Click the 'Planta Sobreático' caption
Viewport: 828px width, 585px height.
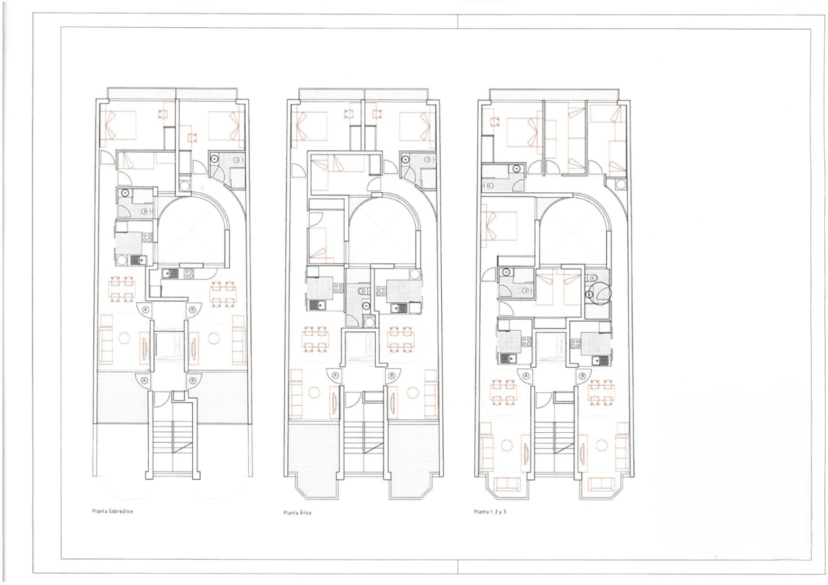(x=113, y=511)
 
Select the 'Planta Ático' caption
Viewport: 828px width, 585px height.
(x=297, y=513)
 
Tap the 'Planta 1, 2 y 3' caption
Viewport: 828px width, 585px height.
(x=490, y=512)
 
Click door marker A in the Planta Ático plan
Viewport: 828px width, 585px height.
(x=336, y=376)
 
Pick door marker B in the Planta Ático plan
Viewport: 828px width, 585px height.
(x=391, y=376)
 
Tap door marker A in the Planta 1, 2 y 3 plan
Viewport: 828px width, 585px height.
(x=526, y=377)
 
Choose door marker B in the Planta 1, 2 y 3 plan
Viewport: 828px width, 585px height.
(x=583, y=377)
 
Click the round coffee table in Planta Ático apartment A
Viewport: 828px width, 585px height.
(x=314, y=392)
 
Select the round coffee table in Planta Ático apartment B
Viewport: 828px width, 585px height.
(x=413, y=392)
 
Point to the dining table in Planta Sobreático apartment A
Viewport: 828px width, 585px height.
(x=122, y=289)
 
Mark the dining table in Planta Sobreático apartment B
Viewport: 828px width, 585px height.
(x=223, y=294)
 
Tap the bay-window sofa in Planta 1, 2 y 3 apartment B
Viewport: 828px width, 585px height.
(x=602, y=483)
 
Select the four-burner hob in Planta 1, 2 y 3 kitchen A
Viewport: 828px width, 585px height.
(x=527, y=342)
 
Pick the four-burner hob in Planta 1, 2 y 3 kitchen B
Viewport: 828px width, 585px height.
(x=575, y=344)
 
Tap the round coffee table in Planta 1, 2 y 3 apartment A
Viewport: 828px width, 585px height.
(x=507, y=446)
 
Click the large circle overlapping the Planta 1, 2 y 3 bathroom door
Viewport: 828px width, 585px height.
(x=600, y=293)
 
